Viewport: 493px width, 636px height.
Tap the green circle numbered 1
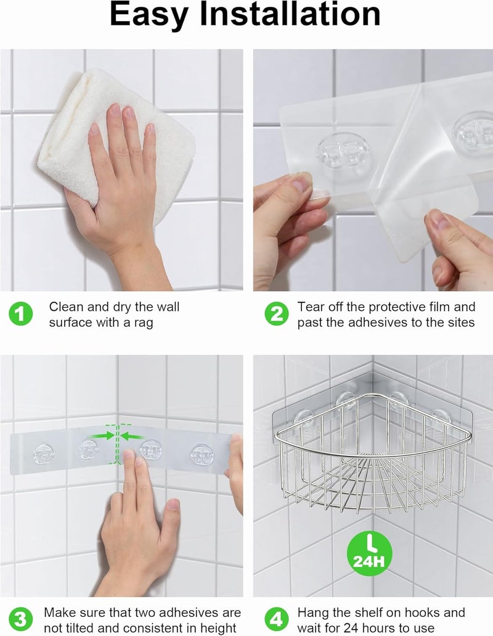[x=21, y=314]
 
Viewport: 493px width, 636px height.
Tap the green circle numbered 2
[x=276, y=314]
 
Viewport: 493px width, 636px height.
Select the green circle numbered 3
[x=21, y=619]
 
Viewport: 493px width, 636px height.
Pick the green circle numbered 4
[x=276, y=619]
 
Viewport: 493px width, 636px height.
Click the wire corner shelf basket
[x=370, y=456]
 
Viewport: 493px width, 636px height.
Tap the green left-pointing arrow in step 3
[x=131, y=436]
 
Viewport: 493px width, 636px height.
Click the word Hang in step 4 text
[x=312, y=613]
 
